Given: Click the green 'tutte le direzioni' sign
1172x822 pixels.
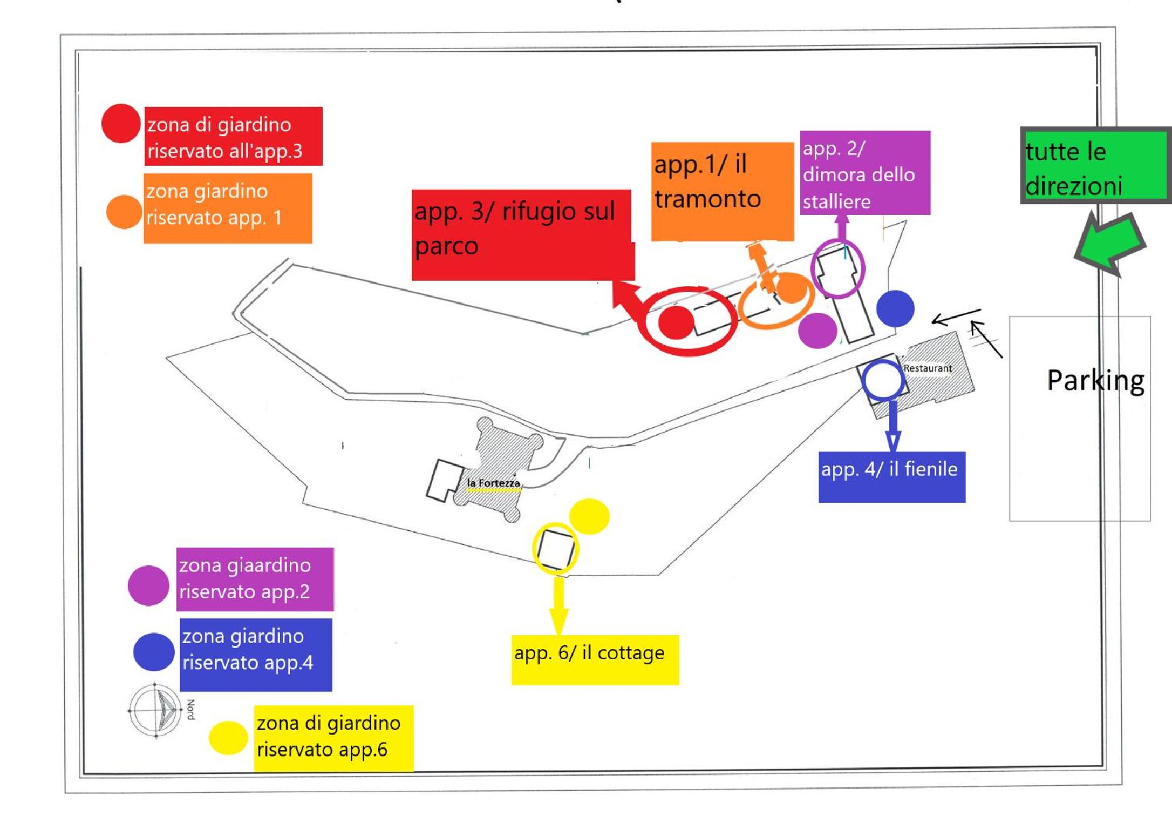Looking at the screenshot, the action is point(1096,165).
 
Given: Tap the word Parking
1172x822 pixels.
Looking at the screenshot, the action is point(1095,381).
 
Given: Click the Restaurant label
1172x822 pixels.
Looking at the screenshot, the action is point(928,368).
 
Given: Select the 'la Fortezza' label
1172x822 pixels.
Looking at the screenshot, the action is point(493,483).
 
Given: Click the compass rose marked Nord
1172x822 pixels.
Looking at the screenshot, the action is point(156,710).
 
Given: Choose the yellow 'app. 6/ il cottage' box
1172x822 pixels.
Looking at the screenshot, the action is point(595,660).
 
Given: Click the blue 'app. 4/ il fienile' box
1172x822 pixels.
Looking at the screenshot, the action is point(892,477).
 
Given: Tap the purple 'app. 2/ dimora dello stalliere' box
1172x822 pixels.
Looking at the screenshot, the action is point(865,173).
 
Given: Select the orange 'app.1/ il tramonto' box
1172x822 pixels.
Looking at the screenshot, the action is point(723,192).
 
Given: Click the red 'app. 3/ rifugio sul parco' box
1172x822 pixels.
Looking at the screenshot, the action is point(522,235).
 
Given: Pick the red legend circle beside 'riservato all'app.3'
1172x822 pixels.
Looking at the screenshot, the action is point(121,123).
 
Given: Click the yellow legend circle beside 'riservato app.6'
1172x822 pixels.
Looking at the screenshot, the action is point(228,738).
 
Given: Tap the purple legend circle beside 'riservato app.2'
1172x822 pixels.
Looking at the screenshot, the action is point(148,585).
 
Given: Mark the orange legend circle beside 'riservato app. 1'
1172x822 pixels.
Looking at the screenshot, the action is point(124,212).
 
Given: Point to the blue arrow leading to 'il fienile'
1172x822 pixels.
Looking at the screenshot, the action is point(893,426).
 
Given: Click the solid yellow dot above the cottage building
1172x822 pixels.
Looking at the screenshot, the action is point(589,516).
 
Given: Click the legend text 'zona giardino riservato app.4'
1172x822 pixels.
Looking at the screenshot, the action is point(248,649).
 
